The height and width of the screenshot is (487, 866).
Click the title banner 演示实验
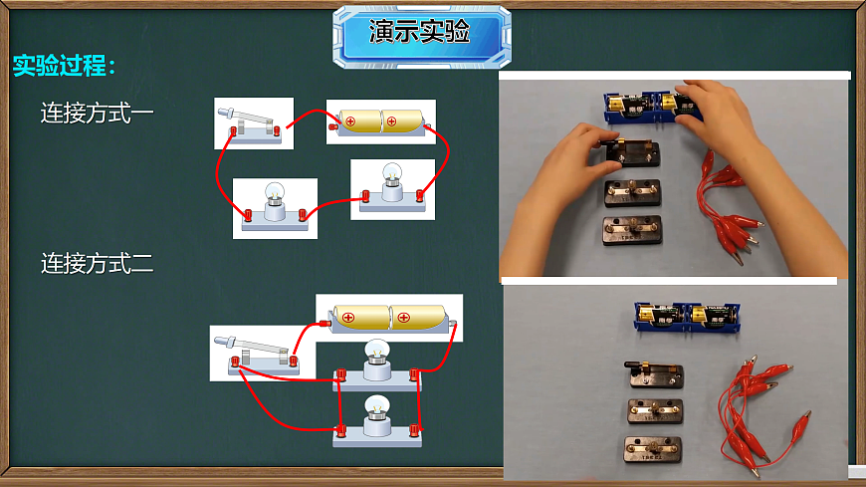tap(420, 35)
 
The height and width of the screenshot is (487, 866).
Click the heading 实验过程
tap(65, 67)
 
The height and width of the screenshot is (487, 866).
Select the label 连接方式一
tap(98, 113)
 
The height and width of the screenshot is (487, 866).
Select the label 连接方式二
tap(98, 264)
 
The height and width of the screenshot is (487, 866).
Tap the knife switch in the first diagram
tap(254, 124)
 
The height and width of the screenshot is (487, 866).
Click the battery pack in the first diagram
tap(380, 122)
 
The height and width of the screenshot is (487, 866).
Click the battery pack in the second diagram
tap(389, 318)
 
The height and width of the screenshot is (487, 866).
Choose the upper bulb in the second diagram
tap(376, 365)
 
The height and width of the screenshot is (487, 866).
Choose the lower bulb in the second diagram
tap(376, 419)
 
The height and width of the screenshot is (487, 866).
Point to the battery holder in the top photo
tap(652, 106)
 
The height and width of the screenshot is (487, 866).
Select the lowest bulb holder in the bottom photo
tap(654, 449)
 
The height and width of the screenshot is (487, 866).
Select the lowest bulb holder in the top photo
tap(632, 230)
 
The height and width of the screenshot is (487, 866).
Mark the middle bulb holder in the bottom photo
tap(654, 411)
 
